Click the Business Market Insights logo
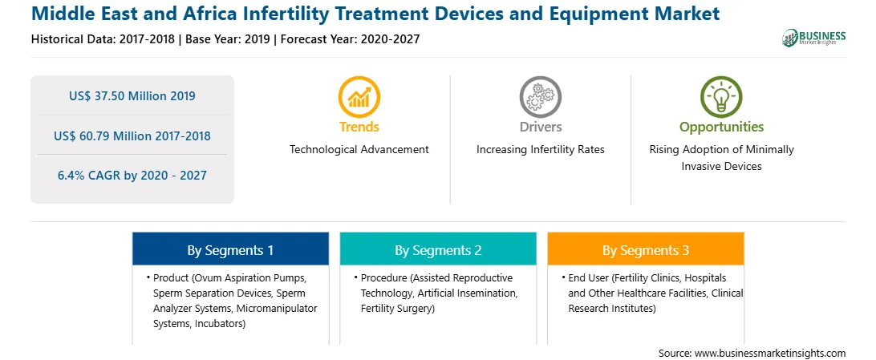pyautogui.click(x=813, y=38)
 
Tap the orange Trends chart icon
pyautogui.click(x=359, y=96)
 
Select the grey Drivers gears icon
pyautogui.click(x=540, y=96)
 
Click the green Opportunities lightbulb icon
pyautogui.click(x=721, y=96)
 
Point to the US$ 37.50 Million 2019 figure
pyautogui.click(x=132, y=96)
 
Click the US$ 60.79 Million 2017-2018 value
pyautogui.click(x=132, y=136)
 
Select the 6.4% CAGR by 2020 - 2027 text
pyautogui.click(x=132, y=176)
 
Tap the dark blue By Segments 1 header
pyautogui.click(x=230, y=249)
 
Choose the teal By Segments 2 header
pyautogui.click(x=438, y=249)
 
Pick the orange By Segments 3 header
pyautogui.click(x=646, y=249)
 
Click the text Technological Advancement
pyautogui.click(x=359, y=150)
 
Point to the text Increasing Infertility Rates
pyautogui.click(x=540, y=150)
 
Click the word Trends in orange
pyautogui.click(x=359, y=127)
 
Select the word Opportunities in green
pyautogui.click(x=721, y=127)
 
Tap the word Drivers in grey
pyautogui.click(x=540, y=127)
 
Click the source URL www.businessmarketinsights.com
pyautogui.click(x=769, y=353)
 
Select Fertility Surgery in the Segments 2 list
pyautogui.click(x=396, y=308)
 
